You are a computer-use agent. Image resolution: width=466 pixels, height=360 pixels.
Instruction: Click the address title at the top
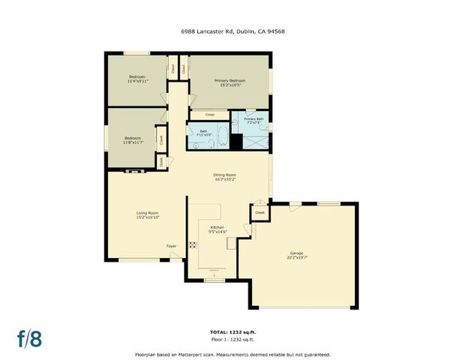click(232, 31)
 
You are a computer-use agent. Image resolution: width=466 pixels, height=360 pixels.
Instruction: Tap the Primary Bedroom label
click(230, 82)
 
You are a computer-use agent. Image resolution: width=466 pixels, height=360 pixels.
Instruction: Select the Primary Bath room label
click(254, 121)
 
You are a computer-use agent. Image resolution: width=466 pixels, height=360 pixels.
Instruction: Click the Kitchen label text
click(217, 229)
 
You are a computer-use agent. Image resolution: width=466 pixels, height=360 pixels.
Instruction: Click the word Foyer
click(172, 245)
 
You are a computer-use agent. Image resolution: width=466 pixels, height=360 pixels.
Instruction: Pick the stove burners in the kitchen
click(192, 244)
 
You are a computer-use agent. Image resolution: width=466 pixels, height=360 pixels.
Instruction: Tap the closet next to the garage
click(260, 213)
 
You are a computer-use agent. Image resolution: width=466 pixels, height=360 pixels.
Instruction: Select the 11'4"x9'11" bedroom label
click(137, 79)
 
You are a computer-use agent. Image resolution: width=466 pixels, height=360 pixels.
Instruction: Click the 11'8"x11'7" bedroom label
click(134, 140)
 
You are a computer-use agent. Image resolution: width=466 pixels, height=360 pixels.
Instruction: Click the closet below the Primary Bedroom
click(209, 115)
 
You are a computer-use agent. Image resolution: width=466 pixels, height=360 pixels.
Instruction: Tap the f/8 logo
click(30, 337)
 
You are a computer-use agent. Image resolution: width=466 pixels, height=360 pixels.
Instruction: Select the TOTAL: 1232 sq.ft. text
click(232, 331)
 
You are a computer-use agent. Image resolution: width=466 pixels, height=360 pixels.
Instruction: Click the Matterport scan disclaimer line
click(232, 354)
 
